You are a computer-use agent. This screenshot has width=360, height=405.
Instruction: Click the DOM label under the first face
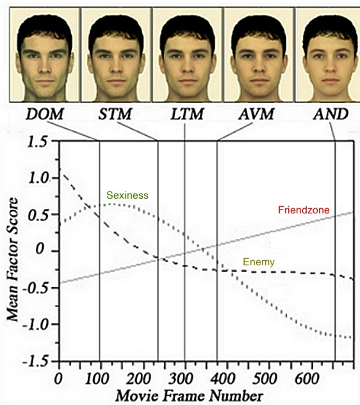45,114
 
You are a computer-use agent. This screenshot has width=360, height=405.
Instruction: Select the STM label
115,114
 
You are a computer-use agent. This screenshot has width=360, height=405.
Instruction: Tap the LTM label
187,114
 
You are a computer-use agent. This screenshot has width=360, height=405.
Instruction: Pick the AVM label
256,114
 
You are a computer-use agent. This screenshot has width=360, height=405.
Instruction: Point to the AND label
331,114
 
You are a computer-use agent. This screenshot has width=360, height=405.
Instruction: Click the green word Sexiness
127,195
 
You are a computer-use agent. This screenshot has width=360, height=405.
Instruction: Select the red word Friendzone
304,210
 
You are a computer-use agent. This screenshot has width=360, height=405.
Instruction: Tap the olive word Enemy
259,262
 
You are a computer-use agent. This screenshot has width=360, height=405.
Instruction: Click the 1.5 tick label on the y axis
38,142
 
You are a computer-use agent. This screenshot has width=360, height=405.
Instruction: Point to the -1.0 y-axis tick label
35,324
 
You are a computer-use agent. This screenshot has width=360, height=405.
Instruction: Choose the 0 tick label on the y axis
40,249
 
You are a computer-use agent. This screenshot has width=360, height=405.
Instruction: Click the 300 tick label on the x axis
181,379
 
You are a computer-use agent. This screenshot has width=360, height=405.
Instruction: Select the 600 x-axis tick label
307,379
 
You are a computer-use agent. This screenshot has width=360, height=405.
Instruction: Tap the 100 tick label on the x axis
97,379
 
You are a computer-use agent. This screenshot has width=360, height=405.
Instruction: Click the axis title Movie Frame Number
190,396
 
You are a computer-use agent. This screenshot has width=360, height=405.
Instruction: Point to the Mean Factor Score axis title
12,260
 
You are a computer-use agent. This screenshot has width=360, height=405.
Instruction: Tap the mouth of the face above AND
331,81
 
